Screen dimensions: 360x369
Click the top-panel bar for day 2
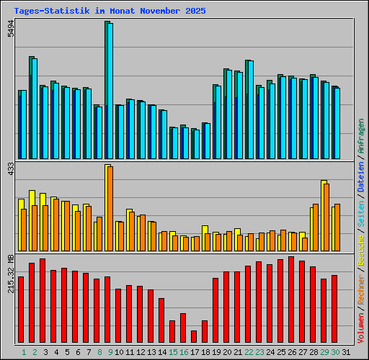[32, 108]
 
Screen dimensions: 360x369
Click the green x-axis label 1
[24, 352]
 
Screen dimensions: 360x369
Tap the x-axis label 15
[174, 352]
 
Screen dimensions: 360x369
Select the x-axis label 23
[259, 352]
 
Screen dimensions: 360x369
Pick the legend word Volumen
[361, 324]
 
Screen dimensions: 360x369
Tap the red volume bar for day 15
[172, 332]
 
